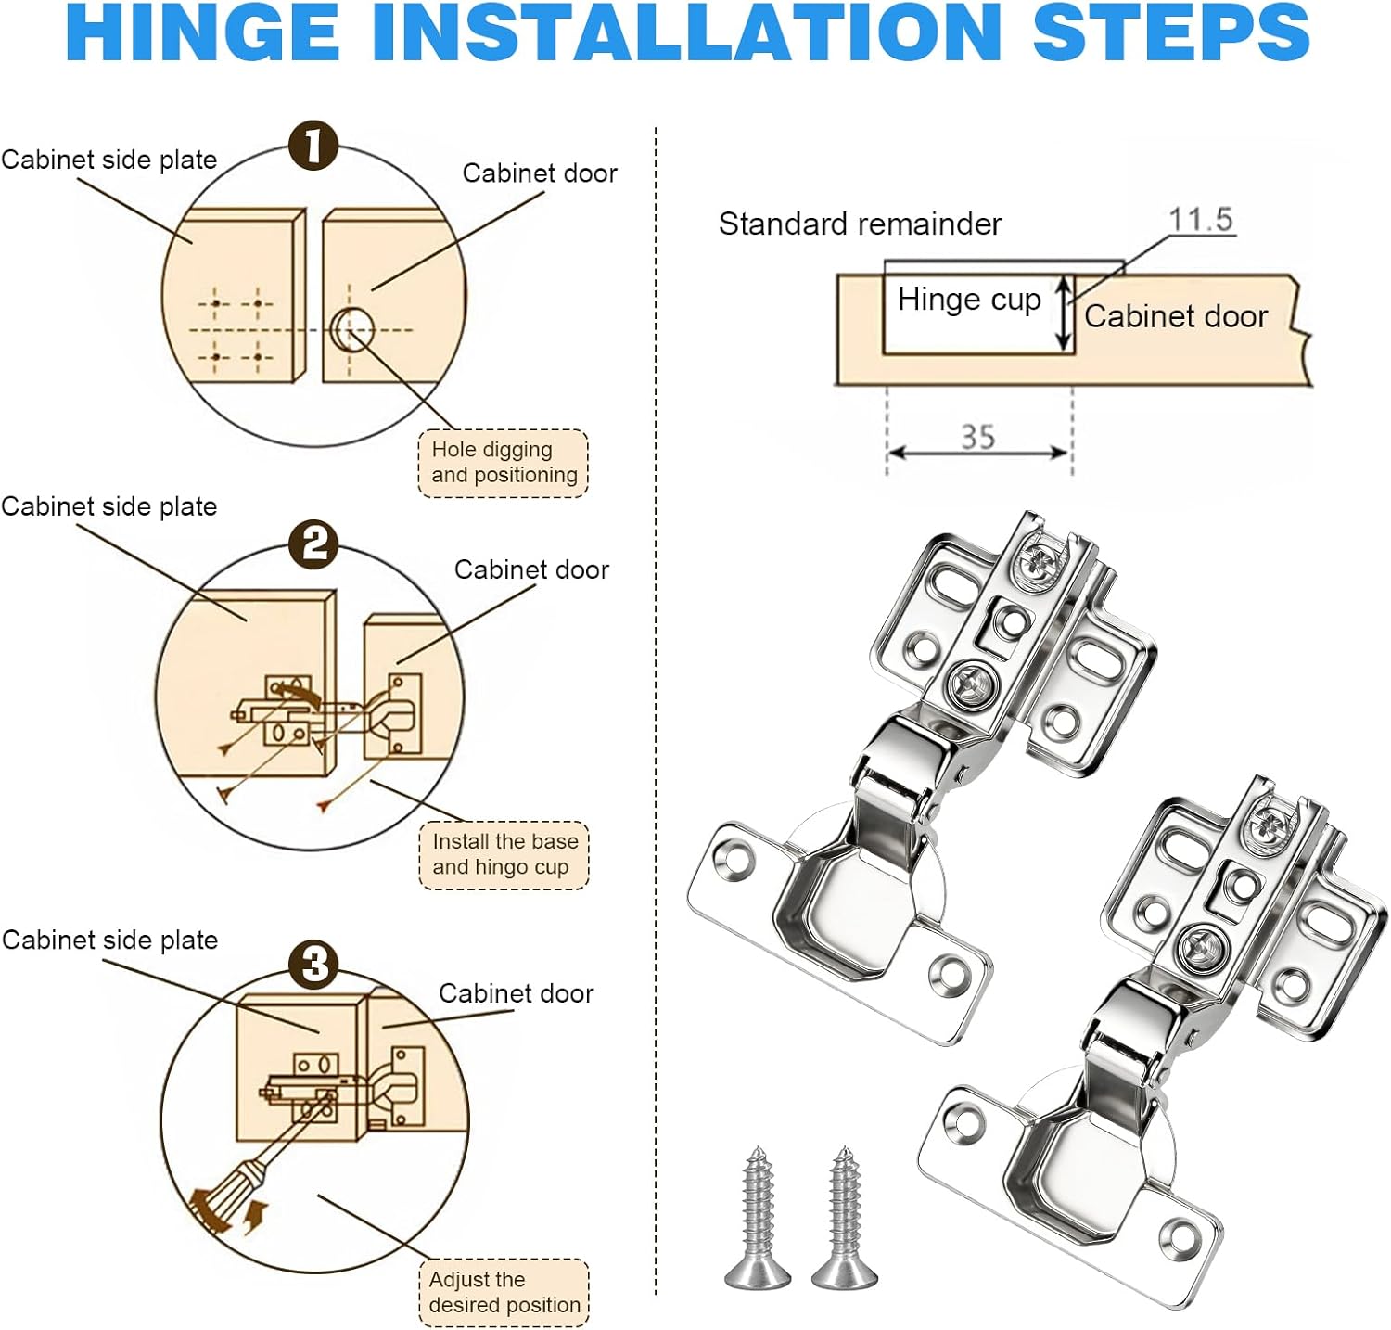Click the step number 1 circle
313,147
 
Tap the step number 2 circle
314,544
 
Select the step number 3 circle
314,965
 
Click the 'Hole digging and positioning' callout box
504,463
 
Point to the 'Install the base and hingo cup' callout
504,855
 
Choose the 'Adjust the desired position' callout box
504,1292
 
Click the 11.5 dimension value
1200,220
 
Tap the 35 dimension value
977,436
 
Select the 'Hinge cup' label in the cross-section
969,300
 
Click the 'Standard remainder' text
860,224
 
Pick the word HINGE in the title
203,33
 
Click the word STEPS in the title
1170,33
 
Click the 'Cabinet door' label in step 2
531,569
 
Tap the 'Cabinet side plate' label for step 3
109,940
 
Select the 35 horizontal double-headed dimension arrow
978,453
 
